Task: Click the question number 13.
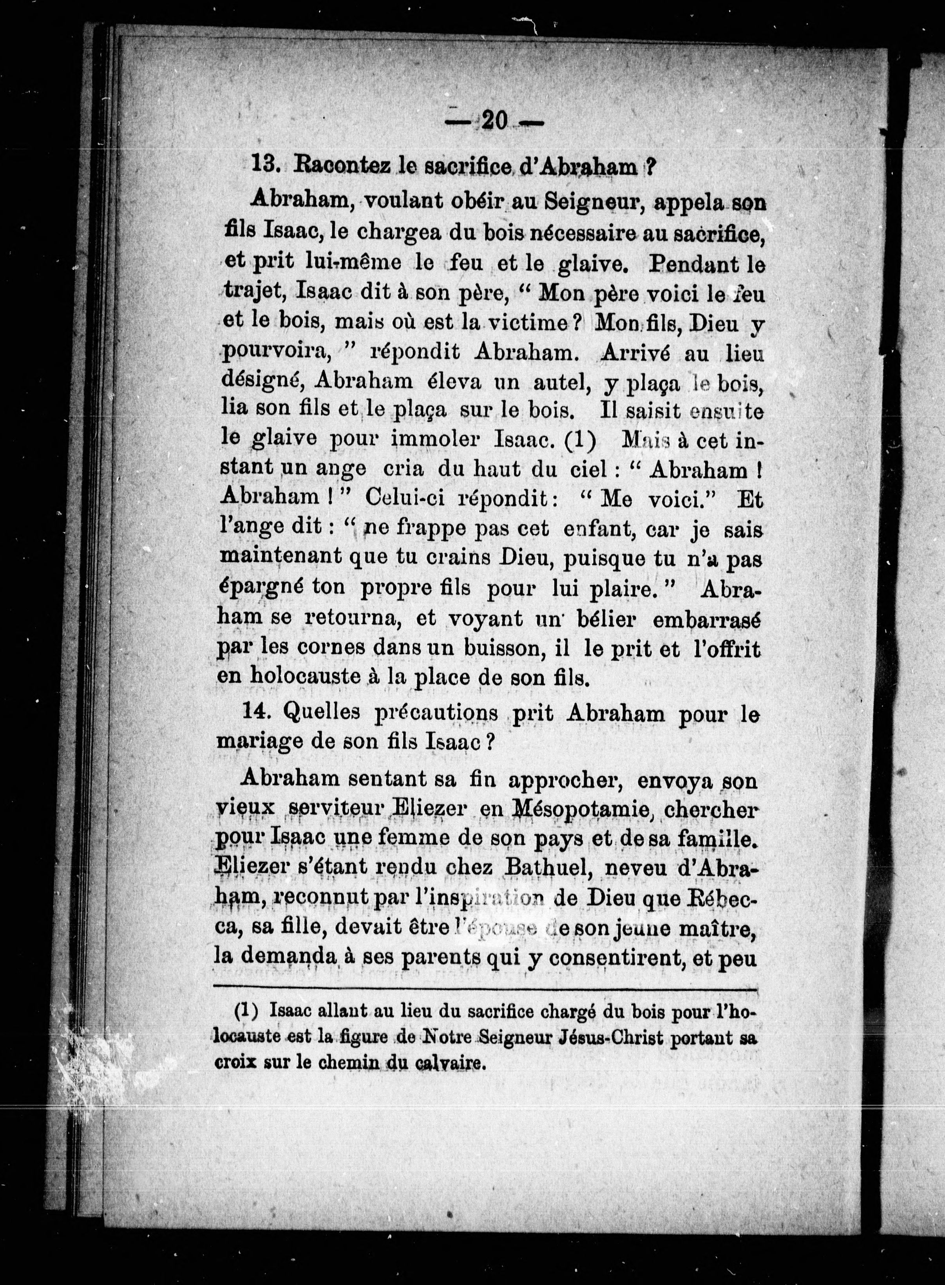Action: click(x=265, y=165)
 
